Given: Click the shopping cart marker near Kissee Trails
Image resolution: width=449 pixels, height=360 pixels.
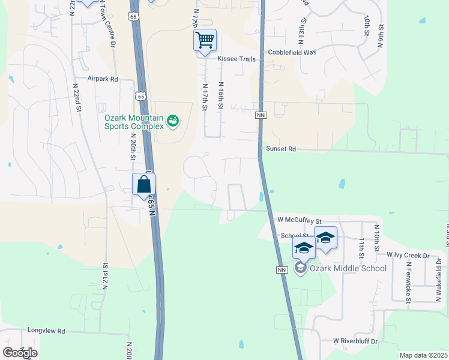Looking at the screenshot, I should pos(205,40).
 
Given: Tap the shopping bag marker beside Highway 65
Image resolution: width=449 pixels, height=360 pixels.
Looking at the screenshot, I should pos(144,184).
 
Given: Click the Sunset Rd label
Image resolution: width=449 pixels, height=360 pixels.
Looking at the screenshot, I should pos(281,149).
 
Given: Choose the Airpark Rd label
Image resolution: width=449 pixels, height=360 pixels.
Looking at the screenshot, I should pos(103,79).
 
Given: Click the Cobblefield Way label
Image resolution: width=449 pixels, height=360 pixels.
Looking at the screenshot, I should pos(292,52).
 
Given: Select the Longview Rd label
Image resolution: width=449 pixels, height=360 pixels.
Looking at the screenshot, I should pos(46,331).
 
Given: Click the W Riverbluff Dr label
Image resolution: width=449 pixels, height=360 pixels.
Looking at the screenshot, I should pos(355,341).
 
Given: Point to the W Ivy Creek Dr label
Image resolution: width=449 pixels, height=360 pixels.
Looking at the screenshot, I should pos(408,255).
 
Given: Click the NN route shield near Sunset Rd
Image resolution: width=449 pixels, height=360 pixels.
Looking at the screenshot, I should pos(261,115).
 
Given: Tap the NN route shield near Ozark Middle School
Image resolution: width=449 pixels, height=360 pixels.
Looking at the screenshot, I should pos(281,271).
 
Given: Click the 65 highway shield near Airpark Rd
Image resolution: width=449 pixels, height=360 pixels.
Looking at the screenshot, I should pos(140,95).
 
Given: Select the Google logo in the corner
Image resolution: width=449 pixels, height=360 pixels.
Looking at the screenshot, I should pos(20,353).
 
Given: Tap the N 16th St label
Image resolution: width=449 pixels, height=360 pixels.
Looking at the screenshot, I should pos(221,96).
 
